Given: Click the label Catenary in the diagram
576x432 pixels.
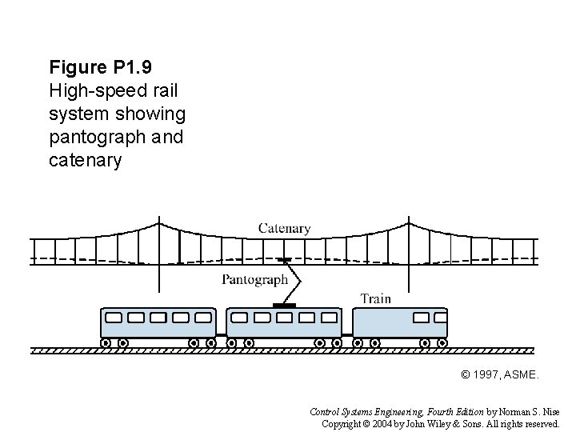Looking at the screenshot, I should click(x=284, y=228).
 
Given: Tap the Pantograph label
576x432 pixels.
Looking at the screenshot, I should click(x=254, y=280).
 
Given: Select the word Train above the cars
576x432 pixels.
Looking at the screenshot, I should click(x=375, y=298).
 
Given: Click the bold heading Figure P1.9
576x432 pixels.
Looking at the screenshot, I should click(x=95, y=66).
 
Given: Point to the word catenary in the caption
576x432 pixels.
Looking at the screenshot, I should click(x=86, y=160).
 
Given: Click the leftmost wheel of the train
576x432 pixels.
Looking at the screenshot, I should click(x=105, y=342).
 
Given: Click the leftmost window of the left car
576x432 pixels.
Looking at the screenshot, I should click(x=114, y=318).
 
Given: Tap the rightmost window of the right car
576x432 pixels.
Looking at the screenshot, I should click(x=439, y=318).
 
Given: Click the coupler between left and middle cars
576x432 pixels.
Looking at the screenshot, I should click(x=222, y=334).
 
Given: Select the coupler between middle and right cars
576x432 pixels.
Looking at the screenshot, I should click(x=347, y=334).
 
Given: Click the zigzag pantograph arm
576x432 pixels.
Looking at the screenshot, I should click(x=294, y=280).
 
